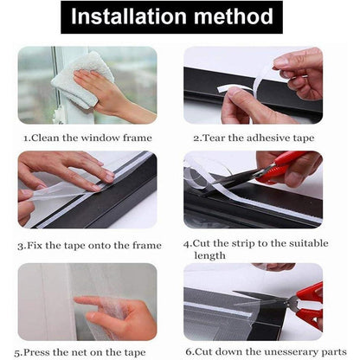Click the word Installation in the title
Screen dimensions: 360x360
(x=129, y=16)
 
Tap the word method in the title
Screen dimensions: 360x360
(x=234, y=16)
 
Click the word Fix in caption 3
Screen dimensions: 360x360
(x=35, y=246)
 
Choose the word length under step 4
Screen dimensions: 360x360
(x=209, y=256)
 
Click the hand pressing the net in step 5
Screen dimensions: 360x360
(x=119, y=314)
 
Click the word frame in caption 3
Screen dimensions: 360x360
(x=147, y=246)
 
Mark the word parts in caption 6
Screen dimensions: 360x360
(x=332, y=352)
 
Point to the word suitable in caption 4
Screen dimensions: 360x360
(x=309, y=243)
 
